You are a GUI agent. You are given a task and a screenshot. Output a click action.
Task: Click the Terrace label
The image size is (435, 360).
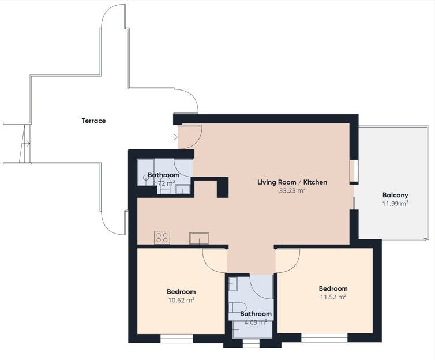93,121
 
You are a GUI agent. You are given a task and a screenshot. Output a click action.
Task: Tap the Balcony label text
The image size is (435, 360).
395,195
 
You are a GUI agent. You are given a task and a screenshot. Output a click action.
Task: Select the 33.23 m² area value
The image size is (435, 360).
292,190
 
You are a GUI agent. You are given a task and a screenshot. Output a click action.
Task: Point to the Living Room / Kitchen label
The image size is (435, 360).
292,182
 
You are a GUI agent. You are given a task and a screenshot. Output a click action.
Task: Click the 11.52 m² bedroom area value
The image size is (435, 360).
333,297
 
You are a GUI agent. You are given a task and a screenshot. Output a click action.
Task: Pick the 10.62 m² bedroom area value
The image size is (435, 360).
181,300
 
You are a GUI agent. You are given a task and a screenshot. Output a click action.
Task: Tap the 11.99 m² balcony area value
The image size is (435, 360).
395,203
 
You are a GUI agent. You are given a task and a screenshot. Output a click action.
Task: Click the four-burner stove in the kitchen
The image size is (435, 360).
162,238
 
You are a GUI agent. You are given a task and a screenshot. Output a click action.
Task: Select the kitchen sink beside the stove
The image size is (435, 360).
199,238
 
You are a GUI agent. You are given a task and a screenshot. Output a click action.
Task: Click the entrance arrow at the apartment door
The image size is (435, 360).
175,137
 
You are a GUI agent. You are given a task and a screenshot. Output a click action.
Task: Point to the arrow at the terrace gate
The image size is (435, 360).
27,144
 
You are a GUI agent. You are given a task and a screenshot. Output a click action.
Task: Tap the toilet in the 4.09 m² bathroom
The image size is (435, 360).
238,307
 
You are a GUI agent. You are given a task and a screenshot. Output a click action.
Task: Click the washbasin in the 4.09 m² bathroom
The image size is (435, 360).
232,283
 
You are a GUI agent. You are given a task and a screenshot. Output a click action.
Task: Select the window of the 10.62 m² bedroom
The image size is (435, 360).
177,339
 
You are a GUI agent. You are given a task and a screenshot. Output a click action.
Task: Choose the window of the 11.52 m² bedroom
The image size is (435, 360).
324,337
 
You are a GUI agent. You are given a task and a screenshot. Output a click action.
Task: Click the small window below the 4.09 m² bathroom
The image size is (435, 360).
251,344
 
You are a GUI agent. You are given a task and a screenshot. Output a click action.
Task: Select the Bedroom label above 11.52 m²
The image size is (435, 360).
333,288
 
